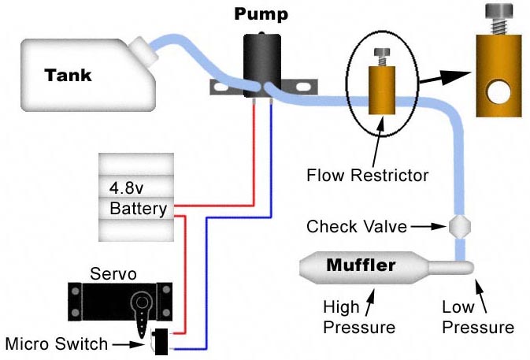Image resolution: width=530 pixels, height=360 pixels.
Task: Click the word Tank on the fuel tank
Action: click(x=68, y=76)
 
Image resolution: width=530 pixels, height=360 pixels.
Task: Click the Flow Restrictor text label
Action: click(x=368, y=174)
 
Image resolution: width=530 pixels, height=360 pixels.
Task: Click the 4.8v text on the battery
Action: click(x=128, y=189)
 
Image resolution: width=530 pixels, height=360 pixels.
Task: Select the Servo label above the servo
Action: click(x=114, y=274)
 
